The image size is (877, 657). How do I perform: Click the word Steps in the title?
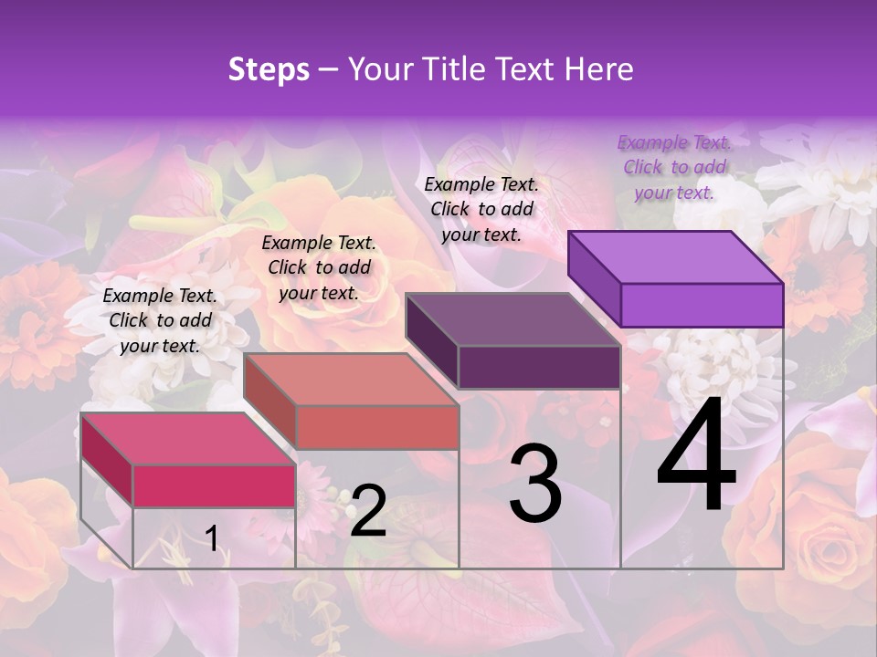click(269, 69)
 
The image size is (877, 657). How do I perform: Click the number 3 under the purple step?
click(535, 485)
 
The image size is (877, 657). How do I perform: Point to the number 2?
click(368, 511)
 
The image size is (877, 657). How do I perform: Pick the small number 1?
click(212, 538)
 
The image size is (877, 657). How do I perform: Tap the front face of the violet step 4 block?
click(702, 305)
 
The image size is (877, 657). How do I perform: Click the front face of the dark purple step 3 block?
click(539, 368)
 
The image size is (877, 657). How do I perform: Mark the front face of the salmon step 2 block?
click(377, 428)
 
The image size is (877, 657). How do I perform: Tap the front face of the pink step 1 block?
click(214, 485)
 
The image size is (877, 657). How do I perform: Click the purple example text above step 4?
click(674, 167)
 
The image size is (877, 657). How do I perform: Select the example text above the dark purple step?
click(481, 209)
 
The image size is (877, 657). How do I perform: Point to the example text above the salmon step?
click(319, 267)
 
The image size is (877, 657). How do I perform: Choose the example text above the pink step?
click(160, 320)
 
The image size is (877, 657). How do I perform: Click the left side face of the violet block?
click(595, 278)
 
